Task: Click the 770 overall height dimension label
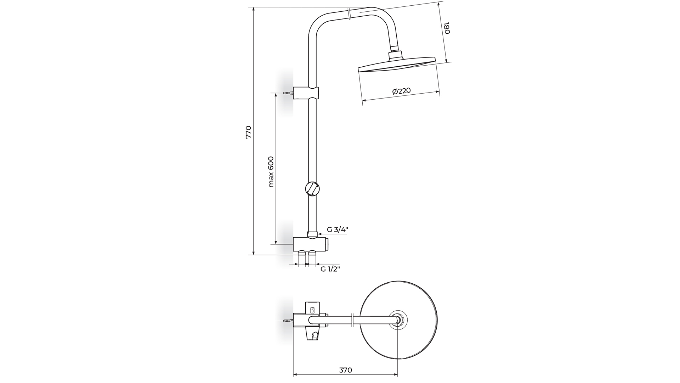tap(248, 132)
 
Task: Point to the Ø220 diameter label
tap(401, 91)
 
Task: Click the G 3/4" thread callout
tap(337, 229)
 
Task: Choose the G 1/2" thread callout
tap(330, 269)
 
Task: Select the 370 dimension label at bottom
tap(345, 370)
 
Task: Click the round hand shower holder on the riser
tap(312, 188)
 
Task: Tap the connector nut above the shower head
tap(396, 55)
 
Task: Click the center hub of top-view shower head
tap(398, 321)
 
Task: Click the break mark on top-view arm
tap(352, 320)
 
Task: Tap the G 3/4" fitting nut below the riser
tap(312, 234)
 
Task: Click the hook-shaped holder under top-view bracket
tap(314, 334)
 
